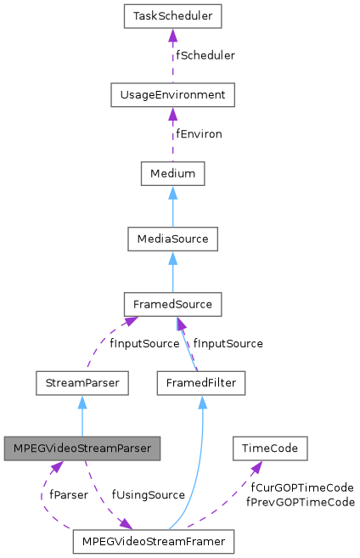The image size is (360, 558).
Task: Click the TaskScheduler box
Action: point(172,15)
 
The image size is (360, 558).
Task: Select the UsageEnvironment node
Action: point(172,95)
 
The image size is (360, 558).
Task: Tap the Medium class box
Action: point(172,174)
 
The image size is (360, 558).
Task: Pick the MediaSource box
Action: point(172,239)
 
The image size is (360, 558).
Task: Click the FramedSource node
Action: point(172,303)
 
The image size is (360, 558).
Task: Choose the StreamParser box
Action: point(82,383)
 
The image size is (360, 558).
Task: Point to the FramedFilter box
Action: point(201,383)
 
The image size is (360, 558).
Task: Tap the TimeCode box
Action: point(269,448)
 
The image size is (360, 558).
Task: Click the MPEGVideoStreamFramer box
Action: point(153,540)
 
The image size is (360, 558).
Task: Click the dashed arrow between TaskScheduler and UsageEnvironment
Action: point(172,55)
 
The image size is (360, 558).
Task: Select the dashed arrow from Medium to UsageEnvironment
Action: point(172,134)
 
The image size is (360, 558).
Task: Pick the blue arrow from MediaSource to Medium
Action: point(172,206)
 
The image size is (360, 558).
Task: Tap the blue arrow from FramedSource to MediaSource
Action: point(172,271)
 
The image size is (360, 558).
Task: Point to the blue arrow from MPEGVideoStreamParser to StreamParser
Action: point(82,415)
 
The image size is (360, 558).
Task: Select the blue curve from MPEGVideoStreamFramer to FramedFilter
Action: point(200,476)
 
